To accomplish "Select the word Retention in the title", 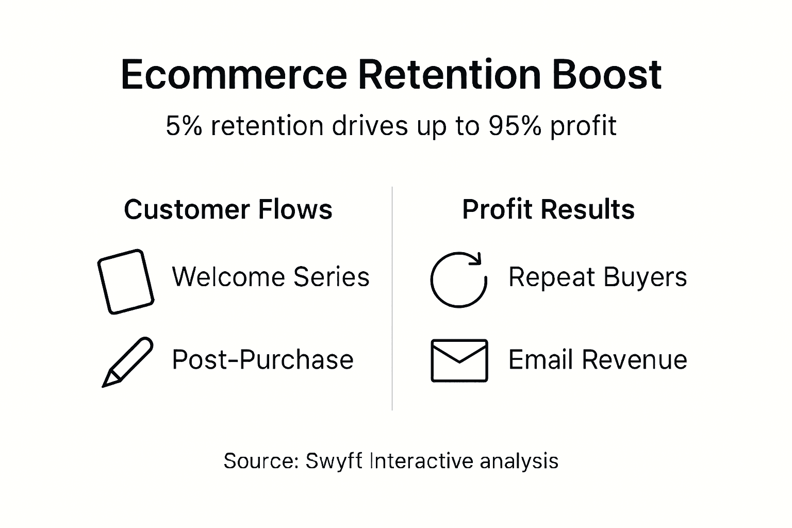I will (448, 75).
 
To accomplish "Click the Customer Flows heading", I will (228, 210).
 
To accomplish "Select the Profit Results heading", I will (548, 210).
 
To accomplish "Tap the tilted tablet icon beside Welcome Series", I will (126, 282).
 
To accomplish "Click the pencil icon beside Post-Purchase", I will (127, 361).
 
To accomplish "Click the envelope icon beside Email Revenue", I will (459, 360).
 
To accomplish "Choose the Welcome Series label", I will (271, 277).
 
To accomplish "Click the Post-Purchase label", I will (262, 359).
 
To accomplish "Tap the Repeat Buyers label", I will (598, 277).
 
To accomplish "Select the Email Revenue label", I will (598, 359).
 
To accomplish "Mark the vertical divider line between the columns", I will (392, 299).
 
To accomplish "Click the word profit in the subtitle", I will (583, 126).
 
